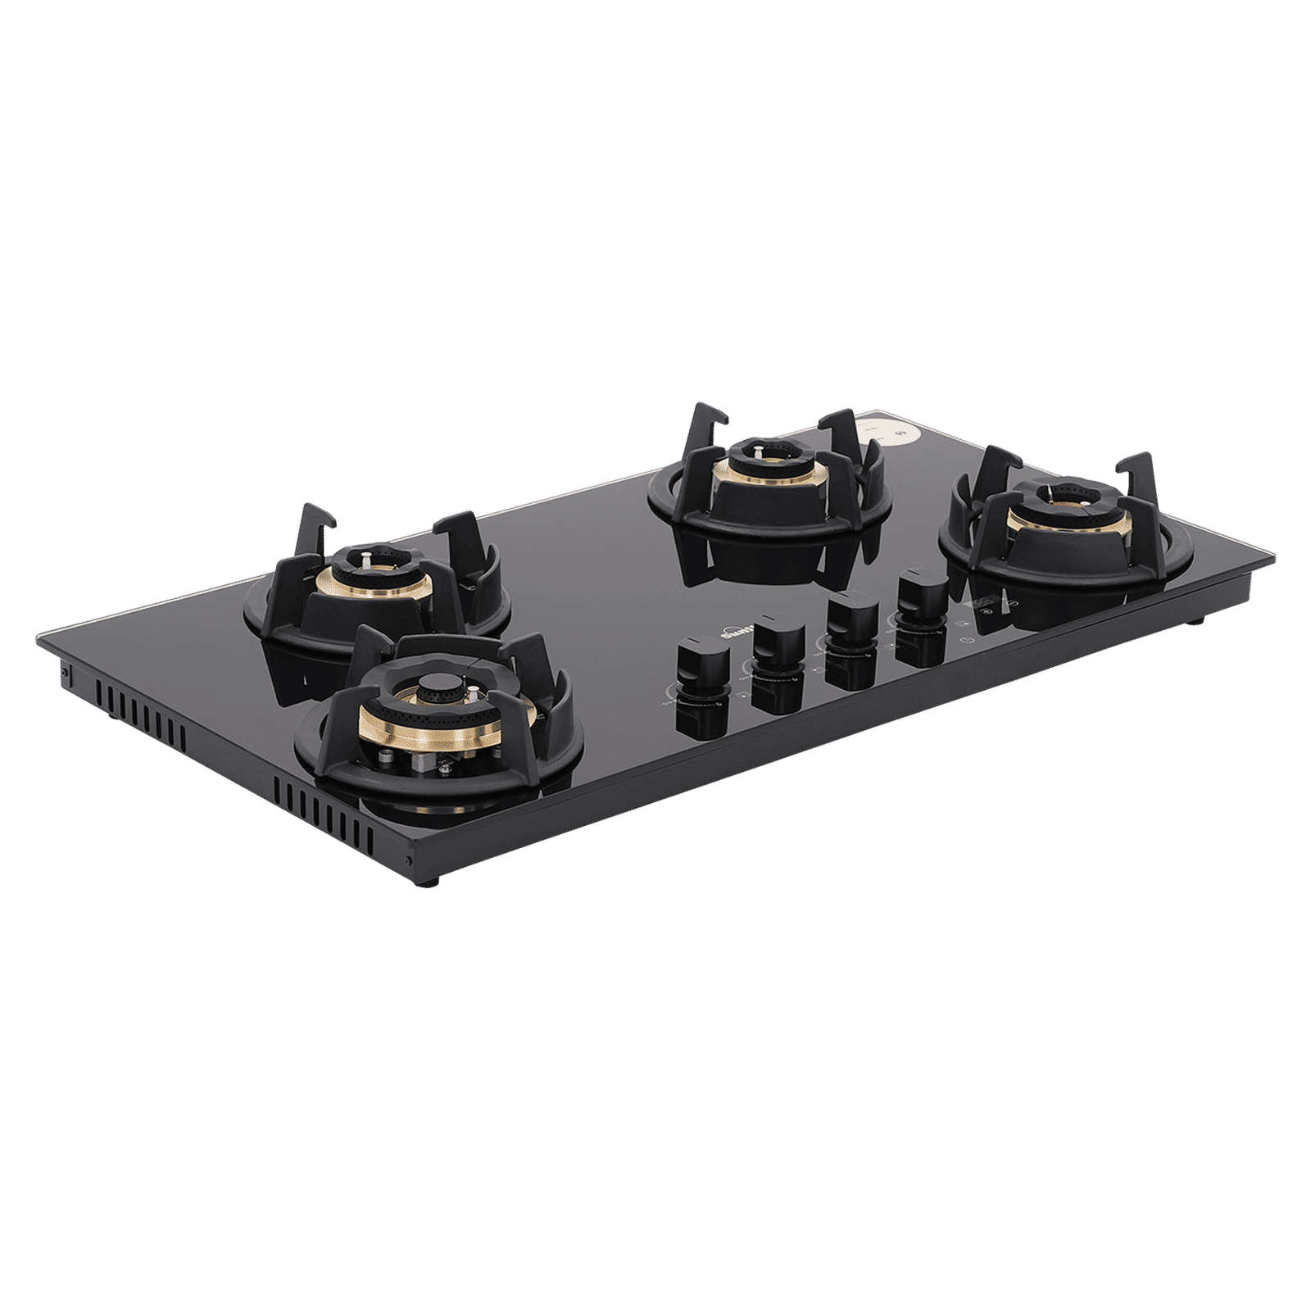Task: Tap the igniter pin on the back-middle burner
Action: (759, 450)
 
